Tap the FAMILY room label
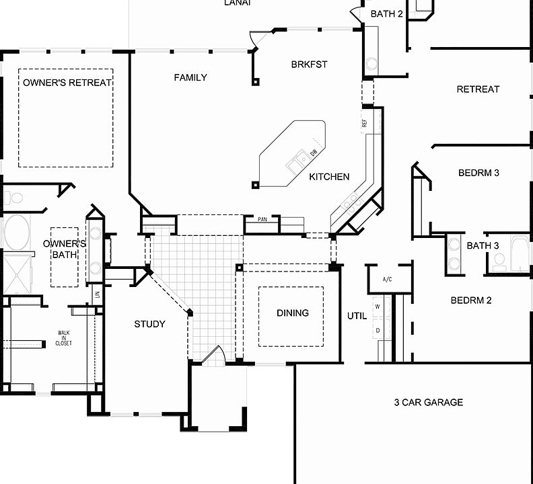190,77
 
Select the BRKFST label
309,65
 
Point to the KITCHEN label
329,177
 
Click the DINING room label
293,313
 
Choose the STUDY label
149,324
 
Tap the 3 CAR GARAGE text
429,403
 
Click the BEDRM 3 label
478,173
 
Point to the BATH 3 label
483,245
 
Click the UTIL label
357,316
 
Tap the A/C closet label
387,279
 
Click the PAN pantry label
263,219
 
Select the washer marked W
378,306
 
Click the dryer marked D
378,330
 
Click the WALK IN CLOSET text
64,338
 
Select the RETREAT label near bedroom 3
478,89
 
